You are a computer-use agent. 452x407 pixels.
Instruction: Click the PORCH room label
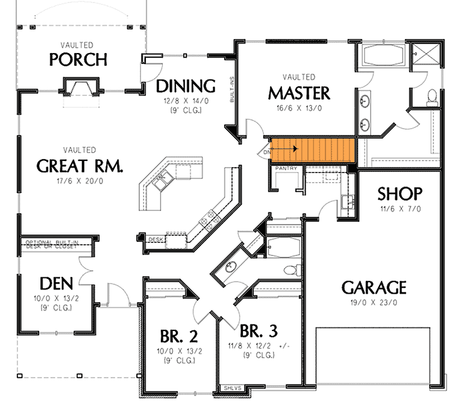coord(78,60)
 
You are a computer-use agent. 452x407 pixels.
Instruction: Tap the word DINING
coord(186,85)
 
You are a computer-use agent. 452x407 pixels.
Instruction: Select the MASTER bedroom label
coord(299,93)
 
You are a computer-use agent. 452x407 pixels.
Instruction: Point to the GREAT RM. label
coord(80,166)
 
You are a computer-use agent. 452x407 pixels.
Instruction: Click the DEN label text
coord(57,283)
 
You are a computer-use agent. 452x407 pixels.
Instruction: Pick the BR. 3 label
coord(259,331)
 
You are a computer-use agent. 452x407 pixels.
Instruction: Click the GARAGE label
coord(374,286)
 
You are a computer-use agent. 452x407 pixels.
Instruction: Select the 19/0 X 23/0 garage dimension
coord(374,303)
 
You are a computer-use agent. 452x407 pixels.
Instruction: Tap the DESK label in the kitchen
coord(156,239)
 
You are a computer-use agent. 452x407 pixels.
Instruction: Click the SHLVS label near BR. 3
coord(232,388)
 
